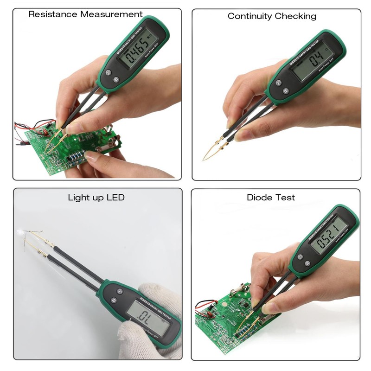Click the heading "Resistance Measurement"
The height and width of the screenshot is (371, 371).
85,14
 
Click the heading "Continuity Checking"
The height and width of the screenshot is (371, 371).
272,16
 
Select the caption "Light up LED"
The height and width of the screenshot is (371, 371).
96,198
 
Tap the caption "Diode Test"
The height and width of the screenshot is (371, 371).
270,198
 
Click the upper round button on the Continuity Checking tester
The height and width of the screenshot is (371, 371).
279,83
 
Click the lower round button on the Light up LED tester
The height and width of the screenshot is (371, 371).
113,301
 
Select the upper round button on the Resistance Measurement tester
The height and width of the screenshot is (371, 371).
108,72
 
